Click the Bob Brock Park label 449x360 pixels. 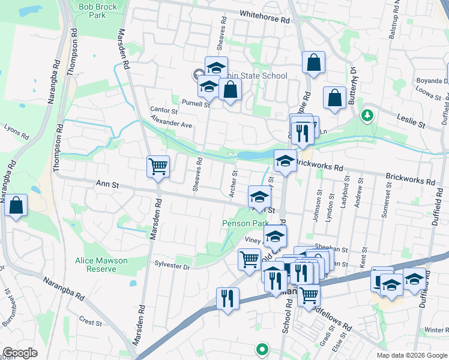click(x=93, y=10)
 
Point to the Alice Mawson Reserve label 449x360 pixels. click(x=101, y=265)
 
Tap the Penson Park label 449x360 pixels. click(x=245, y=223)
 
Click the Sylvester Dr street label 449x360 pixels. click(x=172, y=264)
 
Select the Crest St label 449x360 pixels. click(x=90, y=322)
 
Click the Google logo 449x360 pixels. click(x=20, y=353)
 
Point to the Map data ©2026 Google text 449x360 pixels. click(x=411, y=355)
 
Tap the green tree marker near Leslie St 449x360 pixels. click(x=367, y=115)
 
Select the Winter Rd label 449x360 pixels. click(x=436, y=330)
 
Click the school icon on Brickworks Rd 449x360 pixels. click(x=285, y=160)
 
